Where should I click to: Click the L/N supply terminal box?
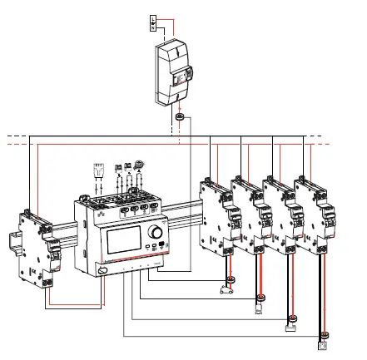tap(152, 22)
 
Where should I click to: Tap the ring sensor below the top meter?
tap(180, 121)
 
